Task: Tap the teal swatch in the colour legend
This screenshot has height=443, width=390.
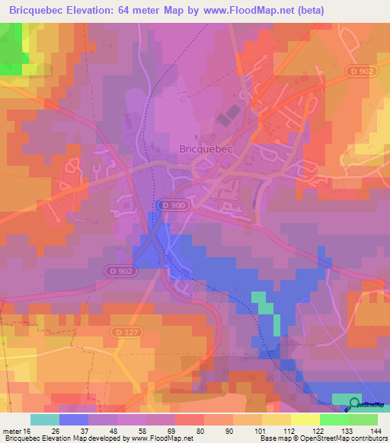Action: (x=45, y=420)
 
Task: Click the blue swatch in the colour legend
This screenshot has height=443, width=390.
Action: (x=74, y=420)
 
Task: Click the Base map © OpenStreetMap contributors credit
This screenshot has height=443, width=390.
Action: (x=323, y=438)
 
